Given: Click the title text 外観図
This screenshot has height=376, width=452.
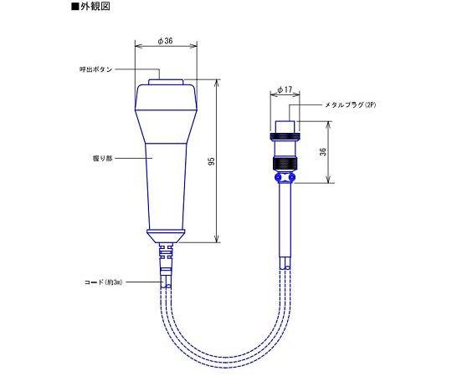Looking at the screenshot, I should pyautogui.click(x=94, y=7).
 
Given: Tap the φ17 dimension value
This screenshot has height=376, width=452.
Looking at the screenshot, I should pyautogui.click(x=283, y=90).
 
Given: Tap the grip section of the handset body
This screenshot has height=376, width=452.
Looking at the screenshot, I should pyautogui.click(x=165, y=175).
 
